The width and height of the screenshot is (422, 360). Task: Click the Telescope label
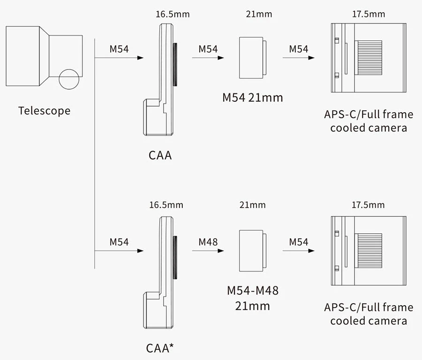[44, 111]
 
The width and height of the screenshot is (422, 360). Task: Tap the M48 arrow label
[208, 242]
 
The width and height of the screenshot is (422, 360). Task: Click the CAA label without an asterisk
[160, 155]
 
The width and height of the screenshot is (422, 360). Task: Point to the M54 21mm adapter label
[252, 98]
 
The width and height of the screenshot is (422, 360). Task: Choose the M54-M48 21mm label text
[252, 298]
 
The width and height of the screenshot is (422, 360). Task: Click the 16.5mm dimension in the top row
[173, 14]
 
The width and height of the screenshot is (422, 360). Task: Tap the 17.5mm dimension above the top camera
[368, 14]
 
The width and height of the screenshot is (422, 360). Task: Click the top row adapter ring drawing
[252, 57]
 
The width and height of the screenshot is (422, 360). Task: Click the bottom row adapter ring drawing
[252, 250]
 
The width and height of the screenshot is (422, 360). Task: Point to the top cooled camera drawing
[368, 57]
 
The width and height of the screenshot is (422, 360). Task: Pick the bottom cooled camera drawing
[368, 250]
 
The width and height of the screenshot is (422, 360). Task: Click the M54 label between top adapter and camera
[299, 49]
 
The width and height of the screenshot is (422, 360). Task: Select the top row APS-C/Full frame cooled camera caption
[369, 121]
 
